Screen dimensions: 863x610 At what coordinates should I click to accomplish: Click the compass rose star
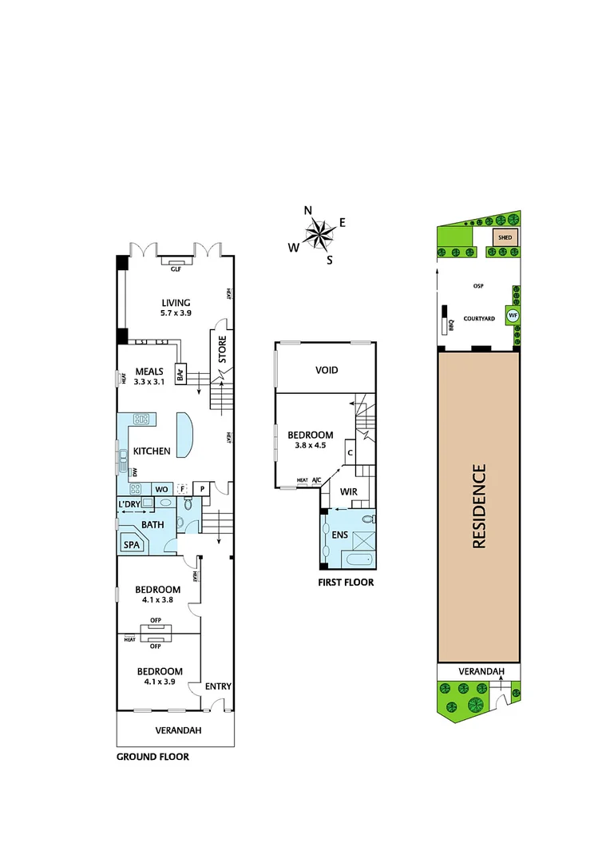[x=319, y=236]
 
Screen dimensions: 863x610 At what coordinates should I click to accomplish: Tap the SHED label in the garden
[x=505, y=237]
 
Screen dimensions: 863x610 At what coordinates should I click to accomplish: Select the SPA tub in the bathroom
[x=130, y=545]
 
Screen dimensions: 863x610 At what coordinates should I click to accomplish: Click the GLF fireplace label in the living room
[x=176, y=270]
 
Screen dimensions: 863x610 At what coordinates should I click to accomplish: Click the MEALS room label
[x=149, y=371]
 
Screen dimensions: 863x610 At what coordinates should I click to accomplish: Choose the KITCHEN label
[x=152, y=451]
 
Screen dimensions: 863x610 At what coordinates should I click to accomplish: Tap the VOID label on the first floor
[x=327, y=370]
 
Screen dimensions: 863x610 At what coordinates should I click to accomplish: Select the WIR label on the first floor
[x=347, y=491]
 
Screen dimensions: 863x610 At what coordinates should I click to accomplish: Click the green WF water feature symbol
[x=513, y=316]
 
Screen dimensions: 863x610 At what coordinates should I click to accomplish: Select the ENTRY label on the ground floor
[x=218, y=686]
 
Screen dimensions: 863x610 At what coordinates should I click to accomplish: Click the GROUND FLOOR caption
[x=152, y=757]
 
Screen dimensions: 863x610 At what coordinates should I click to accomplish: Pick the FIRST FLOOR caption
[x=346, y=583]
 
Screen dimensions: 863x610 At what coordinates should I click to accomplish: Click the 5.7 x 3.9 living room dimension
[x=176, y=314]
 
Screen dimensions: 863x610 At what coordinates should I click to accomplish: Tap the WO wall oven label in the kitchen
[x=160, y=488]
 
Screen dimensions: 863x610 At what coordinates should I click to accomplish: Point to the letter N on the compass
[x=308, y=211]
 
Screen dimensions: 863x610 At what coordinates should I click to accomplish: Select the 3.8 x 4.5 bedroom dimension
[x=311, y=446]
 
